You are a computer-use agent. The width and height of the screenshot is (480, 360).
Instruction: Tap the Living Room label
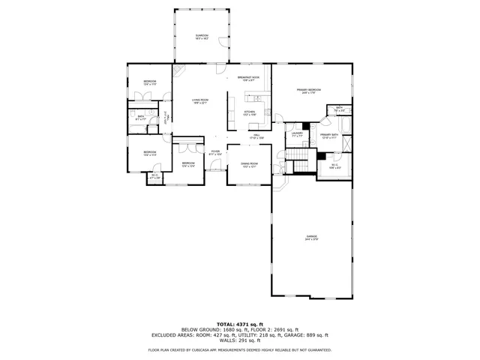(x=199, y=100)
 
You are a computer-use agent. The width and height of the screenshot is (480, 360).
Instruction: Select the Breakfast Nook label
(x=248, y=79)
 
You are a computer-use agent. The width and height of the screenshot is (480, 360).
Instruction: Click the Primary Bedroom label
(x=311, y=91)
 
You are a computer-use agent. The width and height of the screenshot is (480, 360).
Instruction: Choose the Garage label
(x=311, y=238)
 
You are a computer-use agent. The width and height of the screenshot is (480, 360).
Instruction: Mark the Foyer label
(x=215, y=152)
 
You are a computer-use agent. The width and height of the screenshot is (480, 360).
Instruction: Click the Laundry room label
(x=297, y=134)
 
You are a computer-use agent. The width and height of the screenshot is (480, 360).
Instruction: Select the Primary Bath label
(x=330, y=136)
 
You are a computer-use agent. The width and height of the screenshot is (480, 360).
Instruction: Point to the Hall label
(x=256, y=136)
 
